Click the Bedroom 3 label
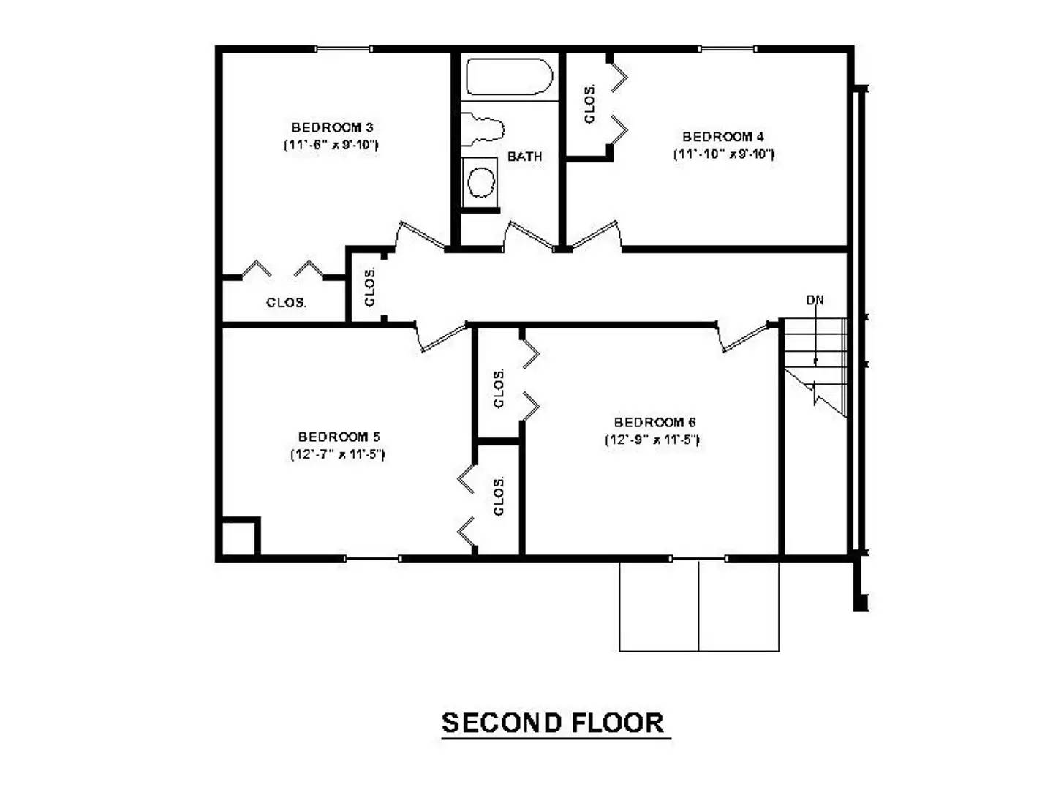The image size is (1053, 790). pyautogui.click(x=332, y=128)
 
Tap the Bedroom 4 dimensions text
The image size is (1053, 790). pyautogui.click(x=723, y=154)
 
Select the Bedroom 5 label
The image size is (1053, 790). pyautogui.click(x=339, y=437)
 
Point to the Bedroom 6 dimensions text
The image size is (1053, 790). pyautogui.click(x=652, y=440)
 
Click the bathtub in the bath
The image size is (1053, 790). pyautogui.click(x=509, y=77)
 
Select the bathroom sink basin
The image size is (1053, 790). pyautogui.click(x=481, y=181)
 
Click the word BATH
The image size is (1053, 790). pyautogui.click(x=524, y=157)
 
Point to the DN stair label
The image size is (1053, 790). pyautogui.click(x=815, y=300)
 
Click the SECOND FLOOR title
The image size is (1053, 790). pyautogui.click(x=554, y=723)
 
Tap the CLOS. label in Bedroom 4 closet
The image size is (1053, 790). pyautogui.click(x=589, y=104)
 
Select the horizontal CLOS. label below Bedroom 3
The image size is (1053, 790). pyautogui.click(x=286, y=303)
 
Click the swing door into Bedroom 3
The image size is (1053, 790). pyautogui.click(x=420, y=236)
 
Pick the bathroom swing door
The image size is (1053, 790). pyautogui.click(x=529, y=236)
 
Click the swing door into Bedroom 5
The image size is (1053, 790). pyautogui.click(x=442, y=337)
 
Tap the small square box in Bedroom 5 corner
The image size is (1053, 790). pyautogui.click(x=238, y=538)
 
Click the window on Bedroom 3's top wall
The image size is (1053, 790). pyautogui.click(x=343, y=49)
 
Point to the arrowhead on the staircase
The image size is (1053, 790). pyautogui.click(x=815, y=361)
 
